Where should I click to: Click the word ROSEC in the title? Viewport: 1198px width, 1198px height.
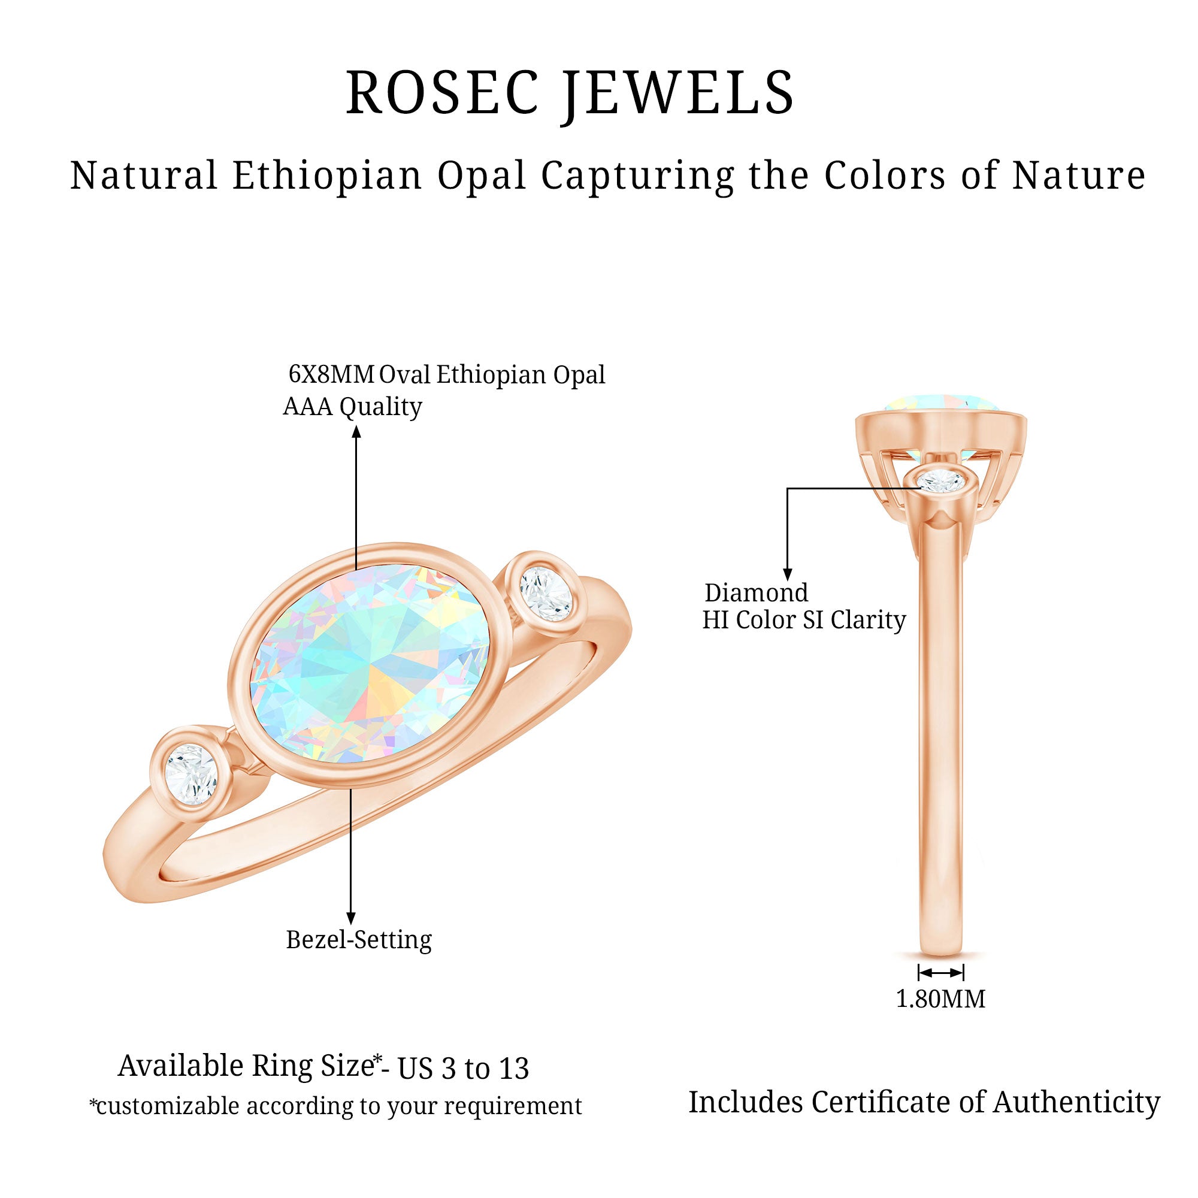pos(441,93)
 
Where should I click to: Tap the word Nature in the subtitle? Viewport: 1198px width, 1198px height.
pos(1078,176)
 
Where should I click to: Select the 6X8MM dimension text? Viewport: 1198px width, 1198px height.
pos(331,374)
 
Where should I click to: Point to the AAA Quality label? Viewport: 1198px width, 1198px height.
pos(352,407)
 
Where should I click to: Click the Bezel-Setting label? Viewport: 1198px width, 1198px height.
pos(358,939)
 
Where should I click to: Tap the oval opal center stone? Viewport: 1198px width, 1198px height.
pos(370,664)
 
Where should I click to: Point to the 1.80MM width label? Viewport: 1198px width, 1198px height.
pos(940,999)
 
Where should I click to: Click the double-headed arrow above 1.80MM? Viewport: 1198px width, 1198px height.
pos(940,972)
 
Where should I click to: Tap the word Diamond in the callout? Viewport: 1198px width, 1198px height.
pos(756,593)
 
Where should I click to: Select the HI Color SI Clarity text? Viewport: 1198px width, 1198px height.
pos(804,620)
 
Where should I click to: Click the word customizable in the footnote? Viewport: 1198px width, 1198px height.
pos(168,1106)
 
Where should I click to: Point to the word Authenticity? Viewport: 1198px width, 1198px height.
pos(1076,1103)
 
